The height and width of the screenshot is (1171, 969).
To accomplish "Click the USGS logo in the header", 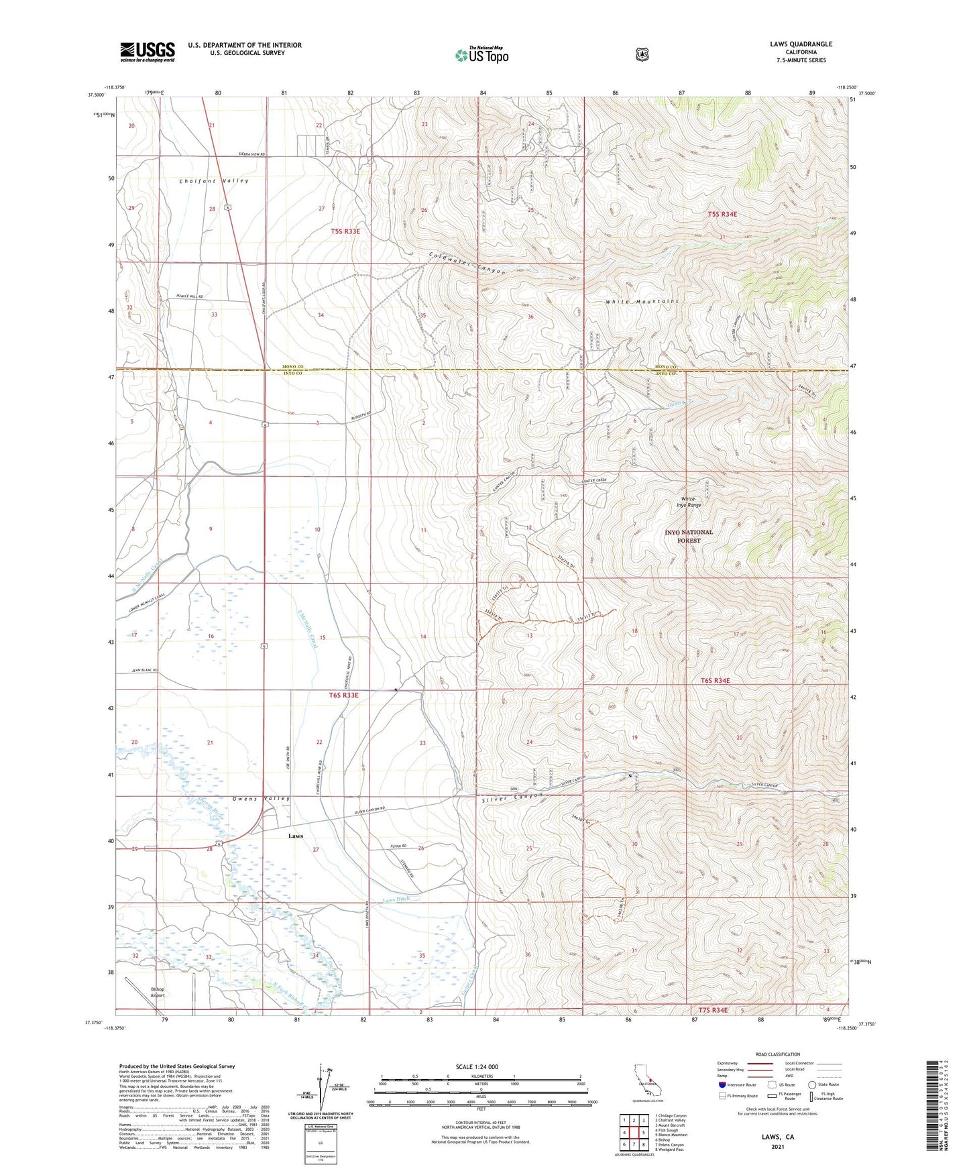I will [x=148, y=52].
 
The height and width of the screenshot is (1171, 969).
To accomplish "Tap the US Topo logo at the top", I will [x=481, y=55].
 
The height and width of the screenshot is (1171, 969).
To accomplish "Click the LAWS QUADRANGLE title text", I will [x=801, y=44].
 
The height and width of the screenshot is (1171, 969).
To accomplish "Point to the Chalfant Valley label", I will [x=214, y=181].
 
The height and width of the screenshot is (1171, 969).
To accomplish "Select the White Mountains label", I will [x=642, y=302].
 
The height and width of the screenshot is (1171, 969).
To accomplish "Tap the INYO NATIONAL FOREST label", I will [x=689, y=536].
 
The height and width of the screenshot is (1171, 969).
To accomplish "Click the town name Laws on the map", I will [x=296, y=836].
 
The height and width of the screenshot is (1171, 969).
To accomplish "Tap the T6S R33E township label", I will [x=344, y=695].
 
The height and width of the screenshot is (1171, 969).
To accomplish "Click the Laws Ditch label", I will [x=401, y=899].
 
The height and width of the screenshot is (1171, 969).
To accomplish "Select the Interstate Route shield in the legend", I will [x=722, y=1084].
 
